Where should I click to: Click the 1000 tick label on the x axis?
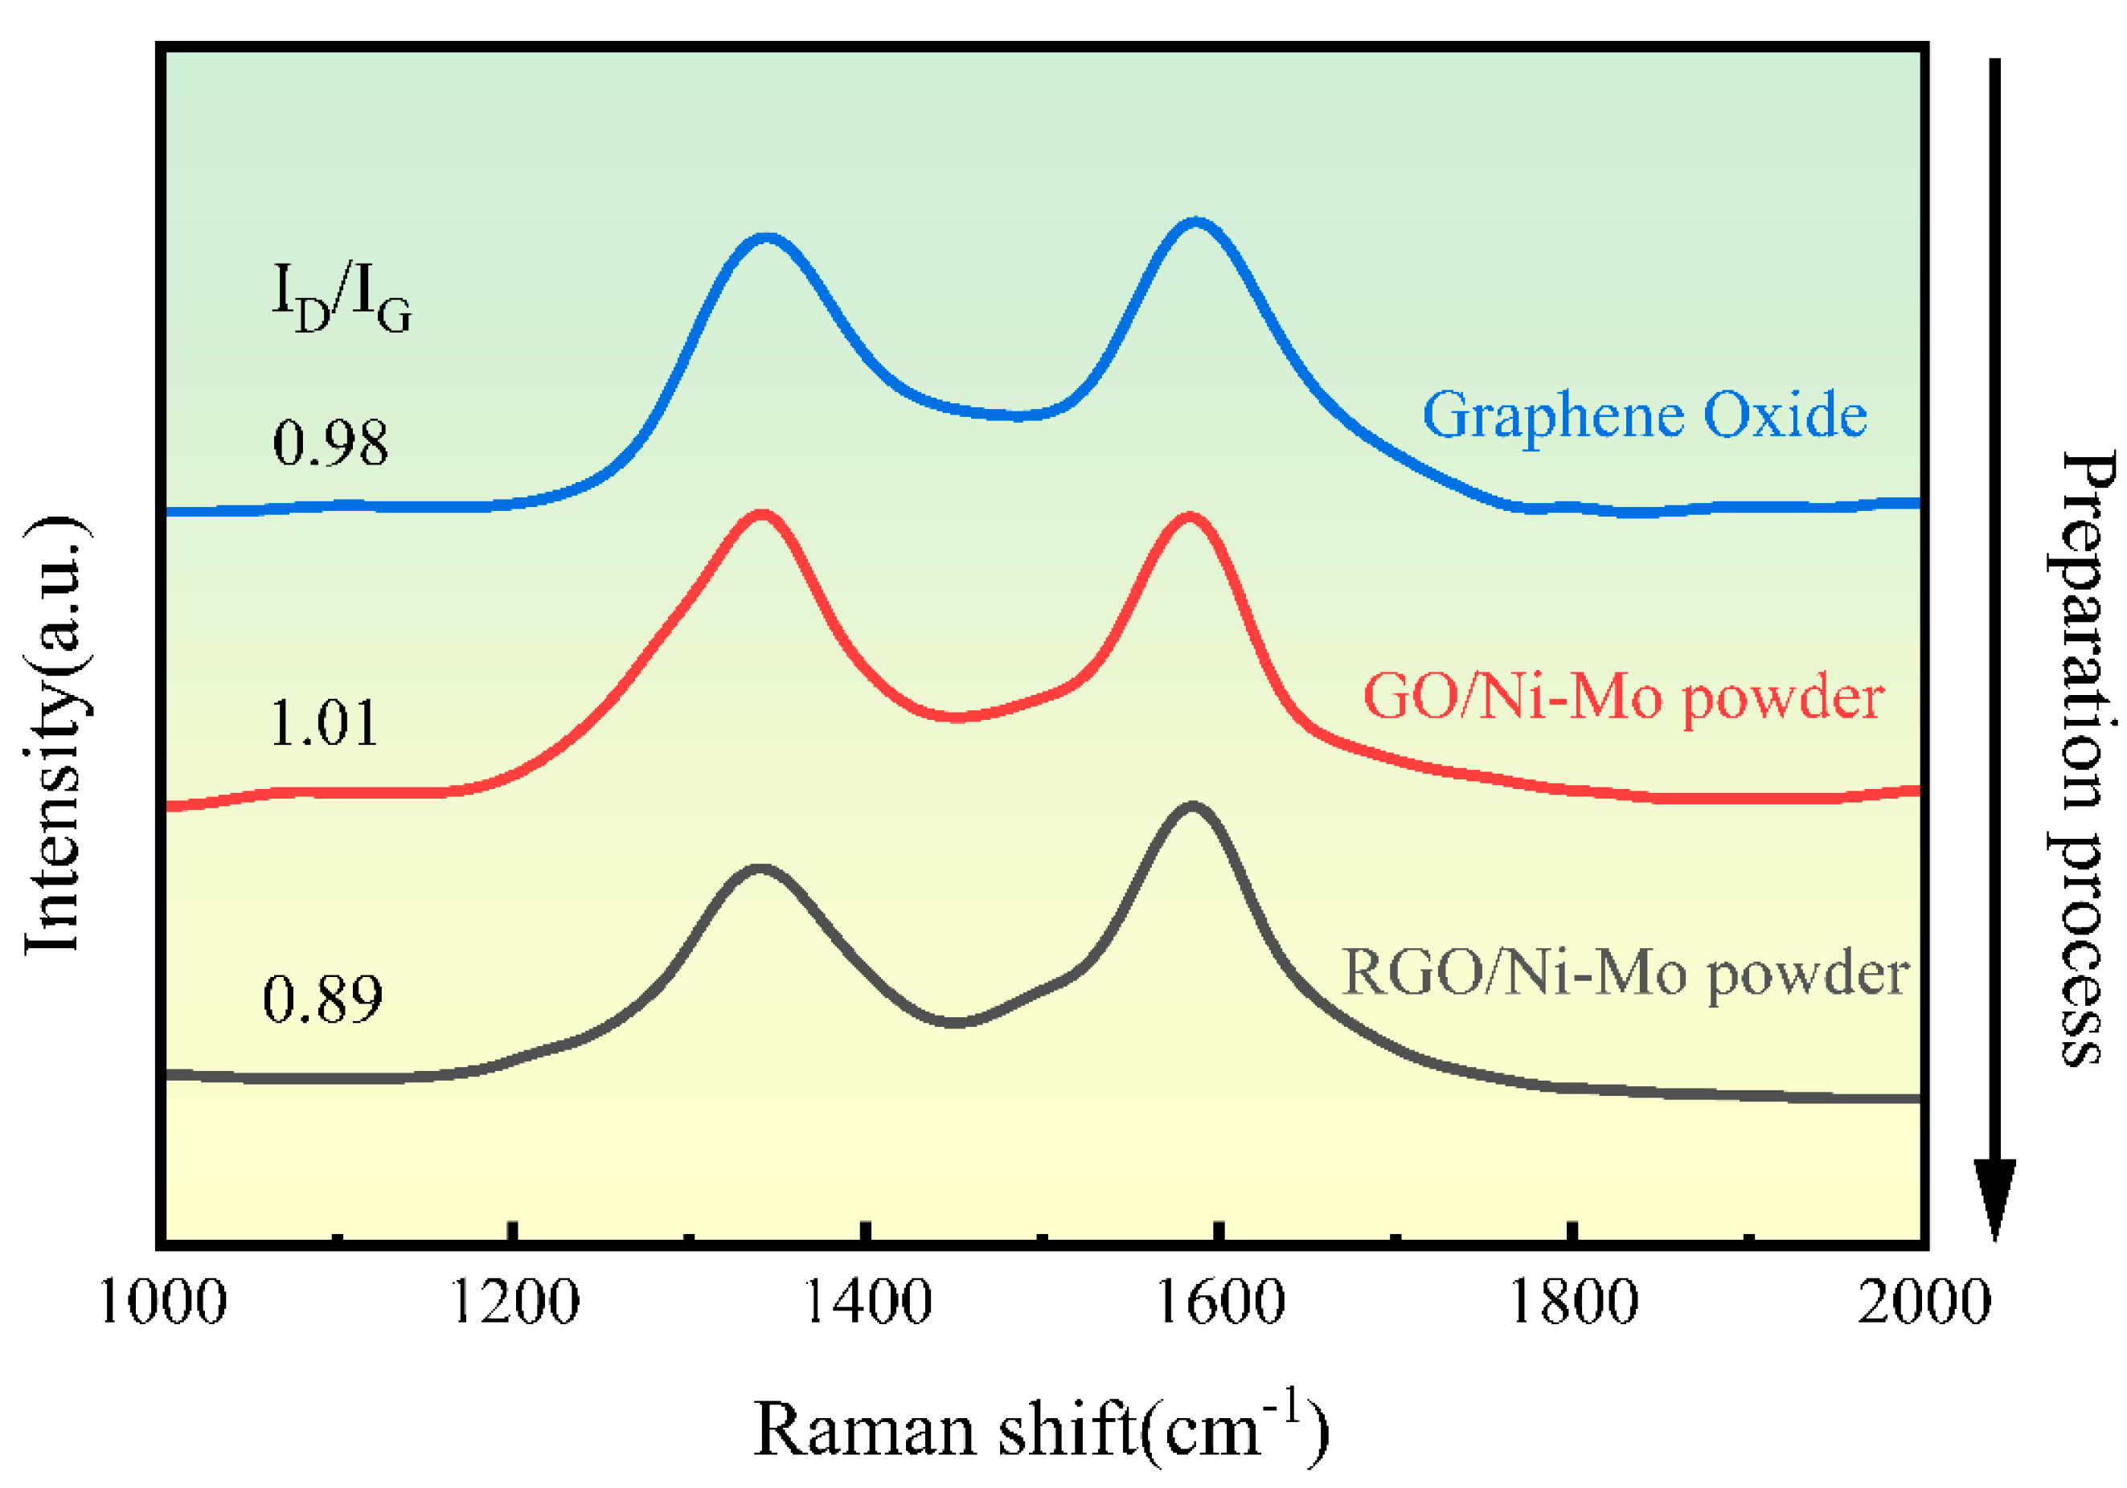[162, 1304]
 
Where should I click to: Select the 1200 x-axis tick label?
[514, 1304]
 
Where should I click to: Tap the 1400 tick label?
[867, 1304]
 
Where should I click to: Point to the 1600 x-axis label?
[1220, 1304]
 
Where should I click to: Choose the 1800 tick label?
[1573, 1304]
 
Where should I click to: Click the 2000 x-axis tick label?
[1923, 1304]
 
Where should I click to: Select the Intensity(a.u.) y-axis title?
[55, 736]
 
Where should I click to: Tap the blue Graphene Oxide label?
[1645, 415]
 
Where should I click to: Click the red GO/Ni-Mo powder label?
[1623, 697]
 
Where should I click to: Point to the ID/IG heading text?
[341, 296]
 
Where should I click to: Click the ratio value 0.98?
[330, 444]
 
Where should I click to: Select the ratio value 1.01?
[324, 723]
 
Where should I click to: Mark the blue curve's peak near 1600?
[1195, 223]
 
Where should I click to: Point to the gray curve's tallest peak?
[1191, 807]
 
